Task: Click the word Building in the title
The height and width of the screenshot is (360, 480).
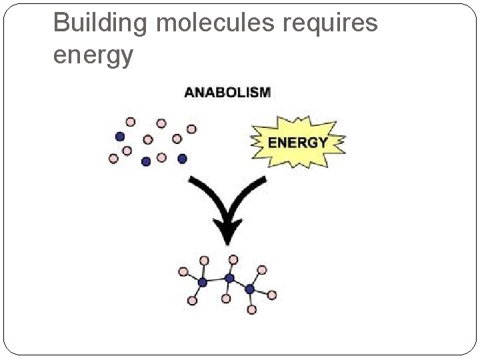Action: click(x=101, y=24)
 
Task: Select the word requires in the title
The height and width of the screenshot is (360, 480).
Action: click(x=331, y=24)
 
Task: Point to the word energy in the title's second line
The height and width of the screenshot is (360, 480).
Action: click(x=93, y=56)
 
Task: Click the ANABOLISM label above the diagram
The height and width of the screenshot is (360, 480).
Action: click(x=227, y=93)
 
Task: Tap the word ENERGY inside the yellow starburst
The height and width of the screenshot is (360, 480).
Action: click(x=297, y=142)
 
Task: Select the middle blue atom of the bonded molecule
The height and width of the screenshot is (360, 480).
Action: click(x=229, y=278)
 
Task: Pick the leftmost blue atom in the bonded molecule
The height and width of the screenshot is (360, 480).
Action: click(x=203, y=282)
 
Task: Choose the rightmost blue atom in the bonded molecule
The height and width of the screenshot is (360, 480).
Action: click(x=250, y=289)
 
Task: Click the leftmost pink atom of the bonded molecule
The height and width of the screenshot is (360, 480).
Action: click(x=183, y=272)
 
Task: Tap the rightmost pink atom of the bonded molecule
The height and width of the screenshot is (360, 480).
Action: click(x=272, y=295)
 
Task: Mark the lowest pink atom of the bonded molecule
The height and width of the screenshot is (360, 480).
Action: click(x=252, y=309)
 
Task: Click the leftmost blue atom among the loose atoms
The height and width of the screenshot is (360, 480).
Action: click(x=120, y=136)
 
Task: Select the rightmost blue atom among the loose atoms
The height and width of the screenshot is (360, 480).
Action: click(x=182, y=159)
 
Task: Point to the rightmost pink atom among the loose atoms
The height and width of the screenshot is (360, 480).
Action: click(x=191, y=129)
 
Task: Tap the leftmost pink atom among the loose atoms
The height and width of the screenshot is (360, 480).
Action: click(x=113, y=159)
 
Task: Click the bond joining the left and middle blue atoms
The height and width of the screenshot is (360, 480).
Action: click(x=216, y=280)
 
